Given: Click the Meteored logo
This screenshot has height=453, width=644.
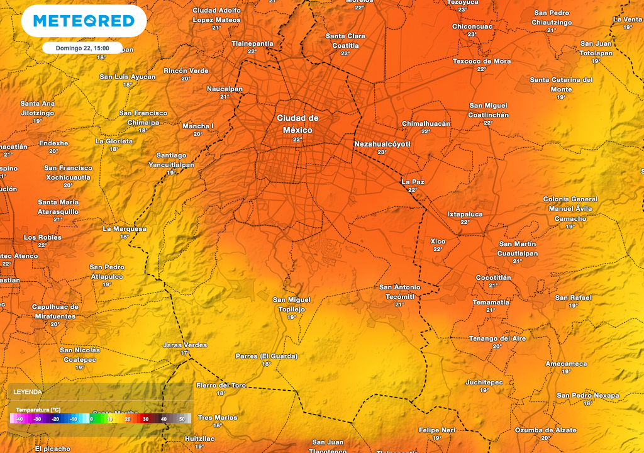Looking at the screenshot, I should click(x=84, y=21).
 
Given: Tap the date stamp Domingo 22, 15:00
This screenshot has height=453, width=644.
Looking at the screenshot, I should click(x=82, y=48).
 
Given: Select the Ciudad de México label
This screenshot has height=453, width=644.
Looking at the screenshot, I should click(x=297, y=124).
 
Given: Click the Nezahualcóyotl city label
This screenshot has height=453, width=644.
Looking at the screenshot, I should click(x=382, y=144).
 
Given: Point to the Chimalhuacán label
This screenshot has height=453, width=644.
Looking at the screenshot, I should click(x=426, y=124).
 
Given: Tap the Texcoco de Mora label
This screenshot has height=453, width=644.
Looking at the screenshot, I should click(x=482, y=61).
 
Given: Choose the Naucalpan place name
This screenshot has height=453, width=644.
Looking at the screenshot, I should click(x=225, y=89).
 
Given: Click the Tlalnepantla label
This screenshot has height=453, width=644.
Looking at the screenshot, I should click(x=252, y=43).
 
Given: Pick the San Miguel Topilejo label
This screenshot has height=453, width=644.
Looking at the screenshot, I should click(x=291, y=305).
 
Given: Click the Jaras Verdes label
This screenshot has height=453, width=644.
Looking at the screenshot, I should click(x=185, y=345).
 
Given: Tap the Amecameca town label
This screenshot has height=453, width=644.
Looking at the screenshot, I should click(x=566, y=364).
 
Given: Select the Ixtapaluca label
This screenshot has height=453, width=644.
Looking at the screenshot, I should click(x=465, y=214).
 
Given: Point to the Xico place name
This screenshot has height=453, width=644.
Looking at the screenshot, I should click(x=438, y=241).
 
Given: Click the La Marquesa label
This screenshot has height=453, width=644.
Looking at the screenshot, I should click(x=125, y=228).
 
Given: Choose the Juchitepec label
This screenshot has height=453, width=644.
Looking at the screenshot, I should click(x=484, y=382).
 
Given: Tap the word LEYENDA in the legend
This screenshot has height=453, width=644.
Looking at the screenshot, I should click(x=28, y=391).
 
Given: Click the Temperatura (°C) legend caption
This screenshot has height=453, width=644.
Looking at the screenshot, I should click(x=38, y=410).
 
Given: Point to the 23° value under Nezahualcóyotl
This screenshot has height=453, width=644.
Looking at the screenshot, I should click(x=382, y=152).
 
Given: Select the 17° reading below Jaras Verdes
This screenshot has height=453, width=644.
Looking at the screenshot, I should click(x=184, y=353).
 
